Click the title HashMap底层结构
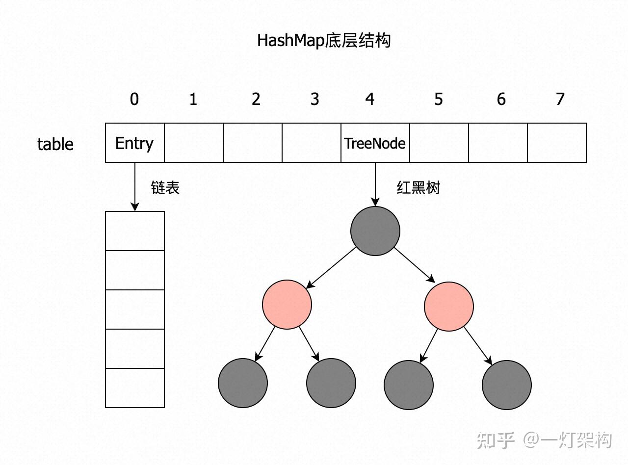pos(324,40)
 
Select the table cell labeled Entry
pos(134,143)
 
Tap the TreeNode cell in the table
pos(375,143)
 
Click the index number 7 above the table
pos(560,99)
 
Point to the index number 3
pos(314,99)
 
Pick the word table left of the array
pos(55,144)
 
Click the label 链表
pos(165,187)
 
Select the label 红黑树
pos(418,187)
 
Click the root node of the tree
pos(375,231)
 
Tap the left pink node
pos(287,305)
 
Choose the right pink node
pos(449,307)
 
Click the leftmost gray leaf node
pos(243,383)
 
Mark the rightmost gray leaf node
pos(507,385)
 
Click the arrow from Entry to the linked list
pos(135,186)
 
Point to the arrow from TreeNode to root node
pos(375,184)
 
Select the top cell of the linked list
pos(135,231)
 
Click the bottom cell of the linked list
pos(135,388)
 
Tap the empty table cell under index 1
pos(194,143)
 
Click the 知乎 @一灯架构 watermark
pos(545,440)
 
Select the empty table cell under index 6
pos(498,143)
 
